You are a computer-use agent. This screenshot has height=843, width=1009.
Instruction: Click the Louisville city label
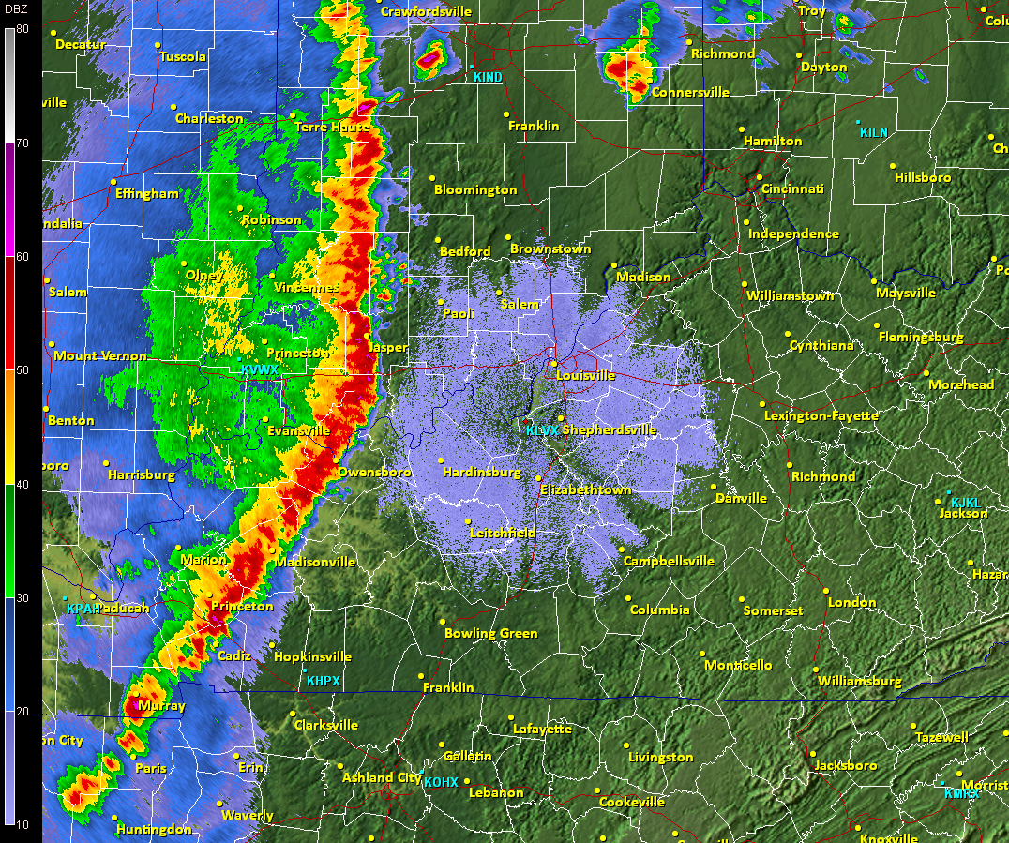[x=585, y=375]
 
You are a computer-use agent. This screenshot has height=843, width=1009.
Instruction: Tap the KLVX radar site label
[x=542, y=430]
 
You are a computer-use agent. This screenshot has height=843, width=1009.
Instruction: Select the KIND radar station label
[x=488, y=77]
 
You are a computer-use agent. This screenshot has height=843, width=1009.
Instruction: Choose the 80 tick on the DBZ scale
[x=23, y=29]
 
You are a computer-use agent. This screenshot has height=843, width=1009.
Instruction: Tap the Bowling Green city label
[x=490, y=633]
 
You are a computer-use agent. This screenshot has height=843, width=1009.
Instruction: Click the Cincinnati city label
[x=792, y=189]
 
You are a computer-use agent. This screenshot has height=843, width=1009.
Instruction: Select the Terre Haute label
[x=332, y=127]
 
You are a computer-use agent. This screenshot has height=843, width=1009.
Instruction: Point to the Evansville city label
[x=298, y=430]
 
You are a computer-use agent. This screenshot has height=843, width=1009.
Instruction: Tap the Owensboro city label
[x=374, y=472]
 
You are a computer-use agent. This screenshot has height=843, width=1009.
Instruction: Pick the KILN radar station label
[x=873, y=132]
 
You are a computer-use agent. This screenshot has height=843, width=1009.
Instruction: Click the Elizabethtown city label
[x=585, y=489]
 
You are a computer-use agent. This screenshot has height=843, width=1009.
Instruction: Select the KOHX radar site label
[x=441, y=782]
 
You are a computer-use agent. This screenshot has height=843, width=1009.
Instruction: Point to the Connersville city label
[x=690, y=93]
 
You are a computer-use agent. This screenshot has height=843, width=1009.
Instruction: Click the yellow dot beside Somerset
[x=741, y=599]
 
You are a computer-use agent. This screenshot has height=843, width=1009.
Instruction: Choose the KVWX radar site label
[x=260, y=370]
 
